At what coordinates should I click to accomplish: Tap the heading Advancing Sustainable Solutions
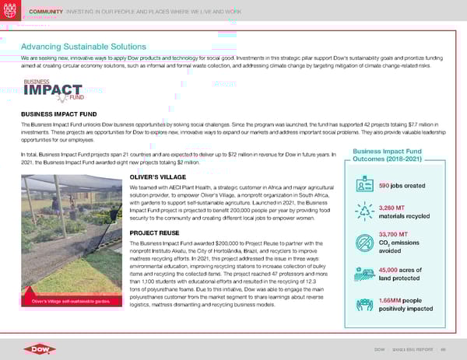click(83, 46)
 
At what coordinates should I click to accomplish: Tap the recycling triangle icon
click(364, 211)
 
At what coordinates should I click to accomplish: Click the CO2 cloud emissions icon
click(364, 242)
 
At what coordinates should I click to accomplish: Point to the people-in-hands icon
click(364, 304)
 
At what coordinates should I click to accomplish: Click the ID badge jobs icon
click(364, 186)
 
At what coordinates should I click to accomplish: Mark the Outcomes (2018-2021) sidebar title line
click(392, 160)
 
